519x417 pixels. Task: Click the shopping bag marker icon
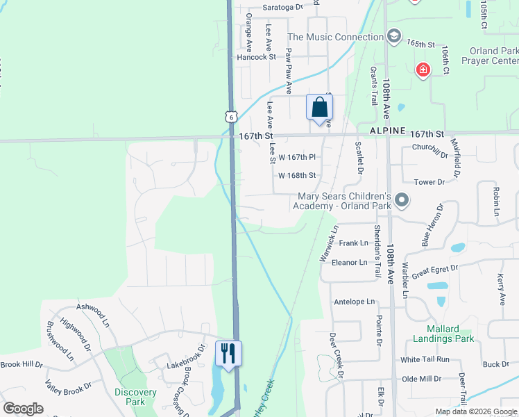pyautogui.click(x=319, y=108)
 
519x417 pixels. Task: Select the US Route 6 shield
pyautogui.click(x=230, y=117)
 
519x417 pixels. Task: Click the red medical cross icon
pyautogui.click(x=423, y=69)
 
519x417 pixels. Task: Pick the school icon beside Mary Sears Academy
pyautogui.click(x=401, y=202)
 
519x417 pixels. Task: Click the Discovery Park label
pyautogui.click(x=135, y=397)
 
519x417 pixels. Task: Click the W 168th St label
pyautogui.click(x=297, y=176)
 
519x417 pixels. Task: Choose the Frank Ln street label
pyautogui.click(x=354, y=243)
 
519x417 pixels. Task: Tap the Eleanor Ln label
pyautogui.click(x=350, y=263)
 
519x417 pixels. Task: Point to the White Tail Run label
pyautogui.click(x=425, y=359)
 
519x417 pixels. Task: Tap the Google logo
pyautogui.click(x=23, y=409)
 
